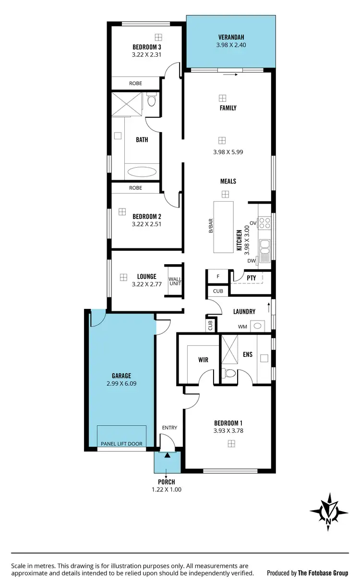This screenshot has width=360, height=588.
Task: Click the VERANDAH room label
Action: coord(231,37)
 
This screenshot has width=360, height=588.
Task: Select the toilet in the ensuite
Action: coord(230,374)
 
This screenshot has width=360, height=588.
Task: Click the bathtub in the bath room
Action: coord(142,171)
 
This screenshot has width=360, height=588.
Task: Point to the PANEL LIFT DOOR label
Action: coord(121,443)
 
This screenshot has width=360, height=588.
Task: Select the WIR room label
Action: coord(203,359)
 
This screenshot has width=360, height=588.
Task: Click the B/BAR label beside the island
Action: coord(210,227)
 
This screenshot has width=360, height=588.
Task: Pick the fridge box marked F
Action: coord(218,277)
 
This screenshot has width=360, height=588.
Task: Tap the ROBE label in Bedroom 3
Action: coord(135,83)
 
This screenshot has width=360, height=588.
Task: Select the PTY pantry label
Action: coord(251,278)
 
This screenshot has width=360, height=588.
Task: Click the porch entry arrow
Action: coord(167,455)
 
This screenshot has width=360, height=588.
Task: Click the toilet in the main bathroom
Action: coord(152,101)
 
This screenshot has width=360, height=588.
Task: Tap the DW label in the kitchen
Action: coord(251,261)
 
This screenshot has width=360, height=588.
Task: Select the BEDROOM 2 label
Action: coord(146,216)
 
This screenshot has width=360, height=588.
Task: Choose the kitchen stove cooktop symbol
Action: coord(264,223)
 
